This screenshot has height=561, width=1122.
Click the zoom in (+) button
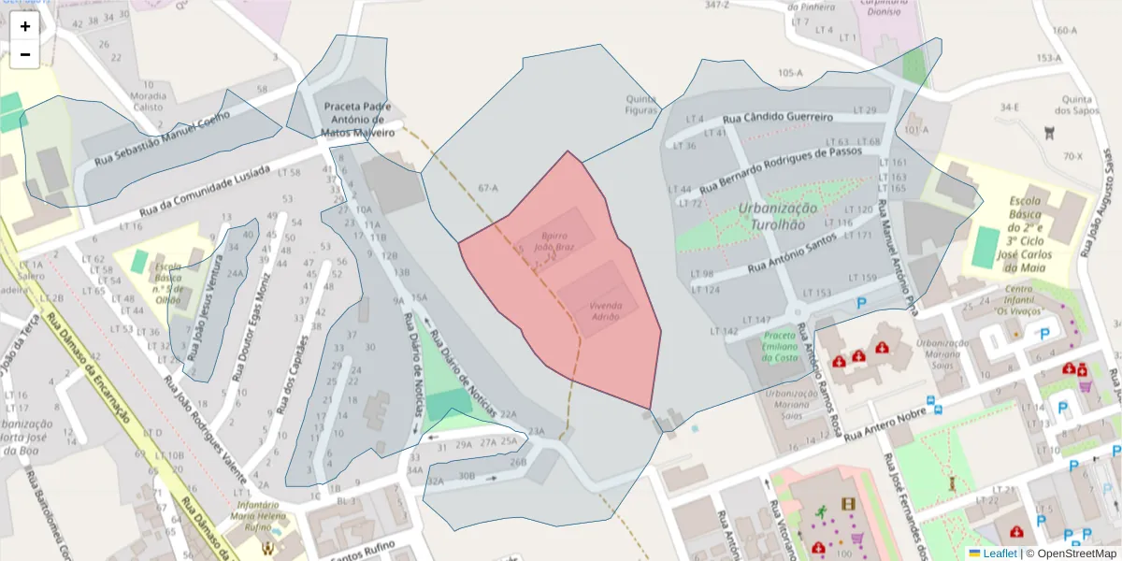pyautogui.click(x=25, y=26)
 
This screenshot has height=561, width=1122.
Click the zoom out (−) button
pyautogui.click(x=25, y=54)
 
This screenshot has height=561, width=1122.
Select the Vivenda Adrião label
pyautogui.click(x=605, y=310)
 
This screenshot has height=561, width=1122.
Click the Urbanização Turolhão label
pyautogui.click(x=777, y=216)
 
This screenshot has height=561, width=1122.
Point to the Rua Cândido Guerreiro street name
pyautogui.click(x=778, y=119)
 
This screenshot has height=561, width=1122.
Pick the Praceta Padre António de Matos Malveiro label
pyautogui.click(x=358, y=120)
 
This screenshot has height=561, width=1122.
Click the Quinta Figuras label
pyautogui.click(x=641, y=105)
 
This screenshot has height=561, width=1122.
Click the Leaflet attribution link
pyautogui.click(x=999, y=553)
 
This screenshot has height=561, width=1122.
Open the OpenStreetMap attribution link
pyautogui.click(x=1072, y=553)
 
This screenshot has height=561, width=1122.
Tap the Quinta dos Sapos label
pyautogui.click(x=1078, y=104)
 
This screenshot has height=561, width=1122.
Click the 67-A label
pyautogui.click(x=488, y=188)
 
